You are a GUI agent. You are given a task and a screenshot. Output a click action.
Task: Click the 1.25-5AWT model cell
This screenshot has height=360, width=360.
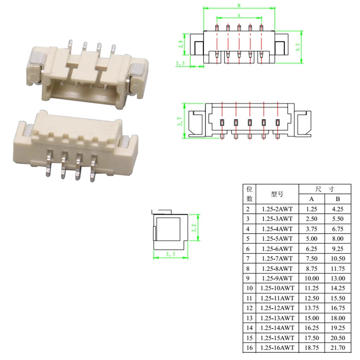click(x=277, y=238)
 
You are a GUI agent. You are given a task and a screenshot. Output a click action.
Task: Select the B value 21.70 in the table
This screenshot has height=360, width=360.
click(x=338, y=347)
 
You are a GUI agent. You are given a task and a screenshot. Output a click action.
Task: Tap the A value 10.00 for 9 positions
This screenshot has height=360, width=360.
click(x=311, y=278)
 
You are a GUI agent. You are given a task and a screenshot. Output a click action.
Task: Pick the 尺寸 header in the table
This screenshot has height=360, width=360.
click(x=324, y=189)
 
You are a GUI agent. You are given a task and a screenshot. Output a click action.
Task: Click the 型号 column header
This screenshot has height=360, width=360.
click(x=277, y=194)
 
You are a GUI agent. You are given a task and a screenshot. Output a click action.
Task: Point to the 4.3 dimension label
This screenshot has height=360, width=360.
click(x=298, y=47)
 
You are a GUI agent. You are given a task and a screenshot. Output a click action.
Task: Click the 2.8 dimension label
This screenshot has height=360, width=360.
click(x=181, y=44)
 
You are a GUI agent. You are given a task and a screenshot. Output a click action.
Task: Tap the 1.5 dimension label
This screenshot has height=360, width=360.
click(x=180, y=63)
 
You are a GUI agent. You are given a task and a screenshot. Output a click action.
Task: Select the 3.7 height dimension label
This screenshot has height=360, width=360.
click(x=180, y=121)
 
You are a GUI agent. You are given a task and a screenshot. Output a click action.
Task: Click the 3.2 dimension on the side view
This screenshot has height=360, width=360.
click(x=194, y=228)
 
